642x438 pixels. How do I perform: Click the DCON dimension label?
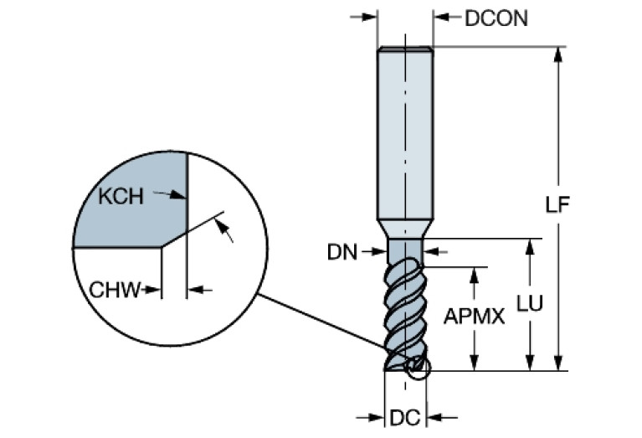coord(496,18)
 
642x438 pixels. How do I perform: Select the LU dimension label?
coord(529,307)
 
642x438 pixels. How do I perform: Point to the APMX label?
coord(474,317)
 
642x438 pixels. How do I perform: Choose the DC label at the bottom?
coord(405,415)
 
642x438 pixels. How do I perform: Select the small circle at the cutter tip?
coord(416,366)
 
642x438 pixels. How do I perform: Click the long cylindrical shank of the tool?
coord(405,134)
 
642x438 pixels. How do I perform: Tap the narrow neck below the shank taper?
coord(405,250)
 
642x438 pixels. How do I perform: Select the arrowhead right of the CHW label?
coord(156,291)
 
